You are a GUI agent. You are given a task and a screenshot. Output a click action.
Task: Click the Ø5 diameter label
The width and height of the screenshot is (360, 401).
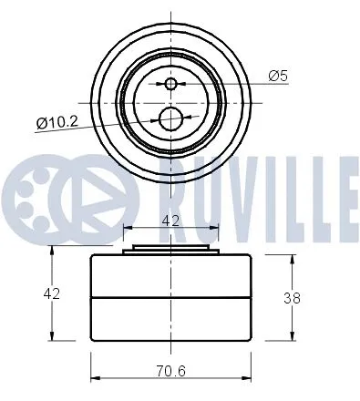279,77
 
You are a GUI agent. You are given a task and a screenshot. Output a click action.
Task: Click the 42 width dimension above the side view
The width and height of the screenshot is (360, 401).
170,219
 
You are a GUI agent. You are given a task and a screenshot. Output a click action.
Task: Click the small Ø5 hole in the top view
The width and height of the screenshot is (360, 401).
170,84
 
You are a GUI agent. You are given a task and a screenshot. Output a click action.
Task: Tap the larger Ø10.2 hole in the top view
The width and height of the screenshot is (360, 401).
170,118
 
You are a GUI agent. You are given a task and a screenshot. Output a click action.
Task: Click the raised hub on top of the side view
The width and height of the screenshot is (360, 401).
170,249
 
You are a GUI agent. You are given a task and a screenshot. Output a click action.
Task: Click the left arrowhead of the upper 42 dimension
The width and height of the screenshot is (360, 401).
125,230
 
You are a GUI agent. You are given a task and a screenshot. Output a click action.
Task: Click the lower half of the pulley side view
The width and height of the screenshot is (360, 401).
170,318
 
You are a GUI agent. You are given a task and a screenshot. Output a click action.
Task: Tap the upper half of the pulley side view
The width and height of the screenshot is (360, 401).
170,276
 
